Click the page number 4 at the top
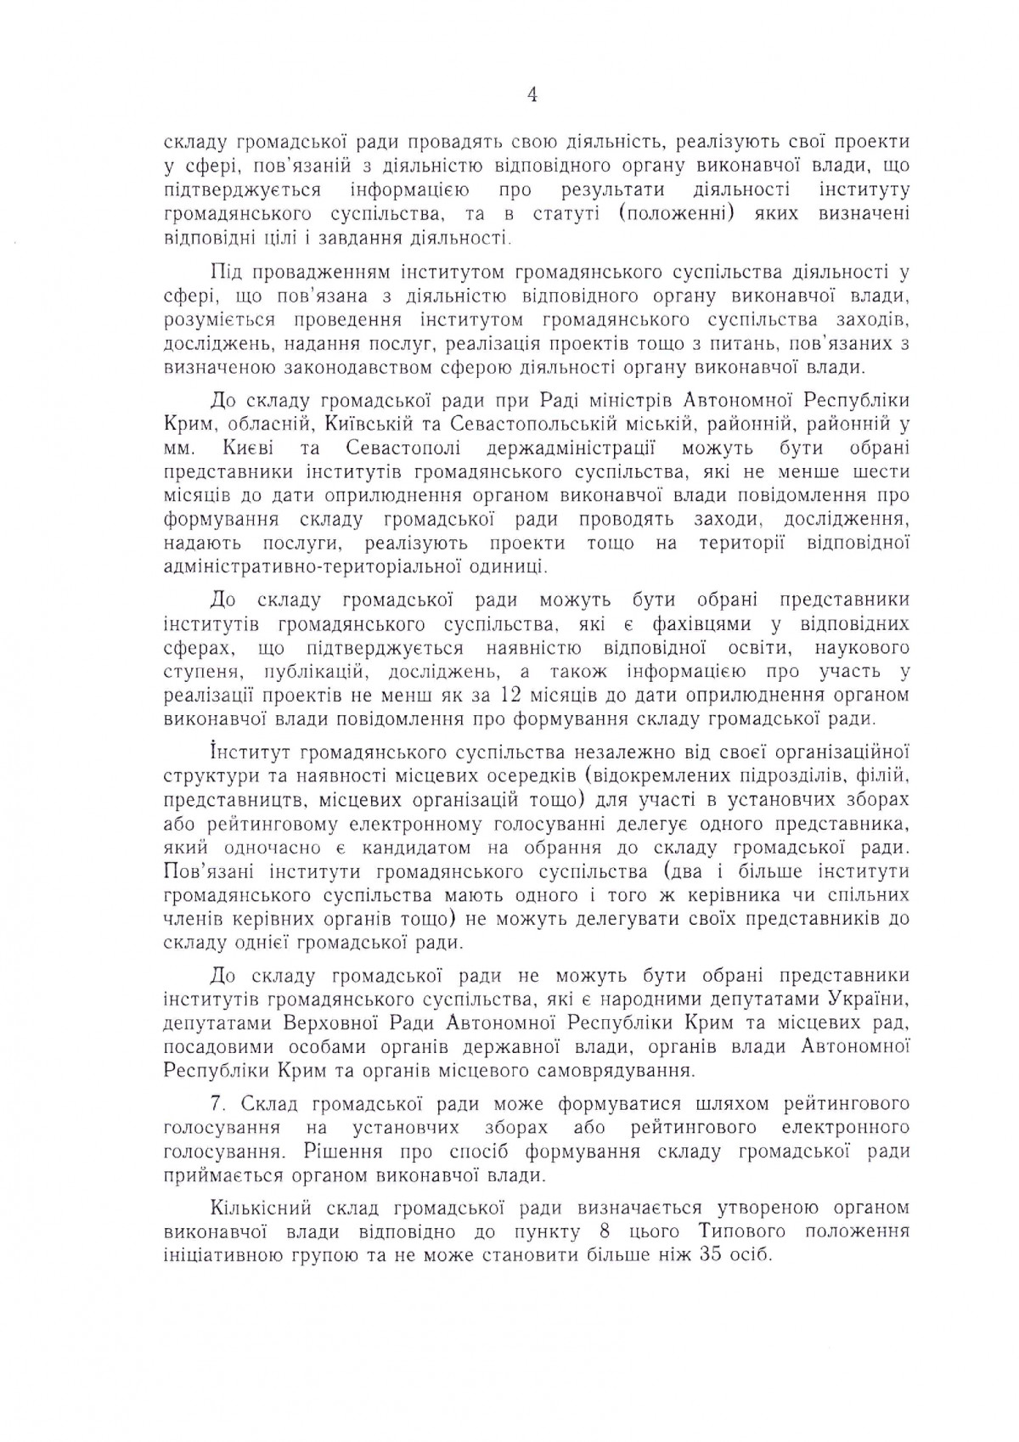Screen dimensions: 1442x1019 pyautogui.click(x=532, y=96)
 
